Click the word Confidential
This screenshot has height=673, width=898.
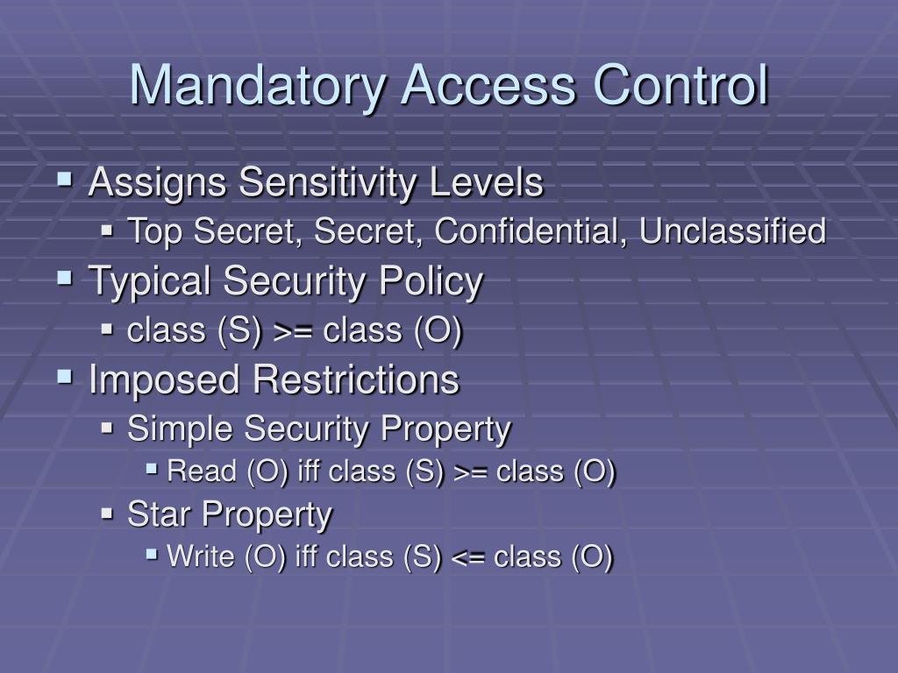click(x=530, y=232)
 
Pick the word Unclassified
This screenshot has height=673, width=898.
click(x=732, y=232)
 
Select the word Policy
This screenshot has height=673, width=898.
click(x=431, y=282)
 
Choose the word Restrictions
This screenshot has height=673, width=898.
click(x=356, y=380)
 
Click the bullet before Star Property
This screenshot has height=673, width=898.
click(x=108, y=514)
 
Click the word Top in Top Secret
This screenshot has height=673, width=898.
click(x=155, y=232)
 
